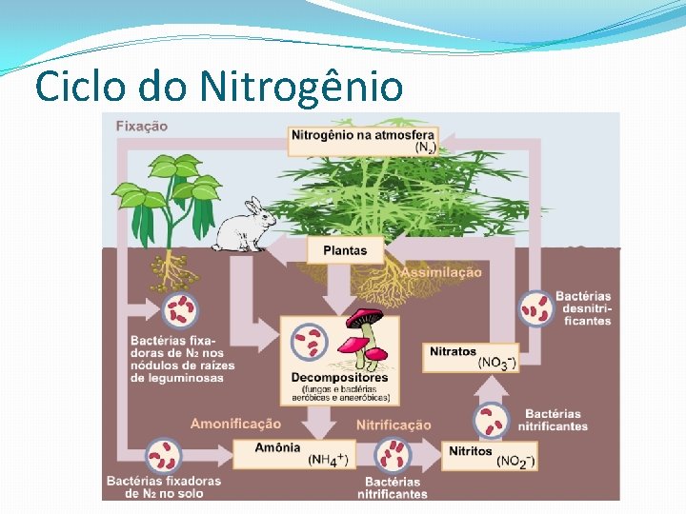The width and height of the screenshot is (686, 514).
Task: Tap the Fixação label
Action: (x=141, y=126)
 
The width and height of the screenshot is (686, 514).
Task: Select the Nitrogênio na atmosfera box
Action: (x=363, y=140)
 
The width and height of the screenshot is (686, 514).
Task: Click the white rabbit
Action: (x=243, y=227)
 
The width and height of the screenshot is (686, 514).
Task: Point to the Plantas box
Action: (x=344, y=250)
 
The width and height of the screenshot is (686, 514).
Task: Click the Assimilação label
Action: (x=440, y=272)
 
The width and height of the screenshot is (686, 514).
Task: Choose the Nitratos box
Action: (x=471, y=357)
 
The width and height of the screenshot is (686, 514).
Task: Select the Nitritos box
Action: (x=490, y=455)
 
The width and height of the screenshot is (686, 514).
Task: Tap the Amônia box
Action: (x=292, y=453)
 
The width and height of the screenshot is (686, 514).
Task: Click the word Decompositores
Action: (x=339, y=377)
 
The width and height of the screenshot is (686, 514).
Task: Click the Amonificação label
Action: (x=235, y=423)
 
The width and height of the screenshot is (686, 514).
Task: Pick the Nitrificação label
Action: (x=393, y=425)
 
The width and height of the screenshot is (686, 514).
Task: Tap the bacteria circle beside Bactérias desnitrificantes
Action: (x=535, y=307)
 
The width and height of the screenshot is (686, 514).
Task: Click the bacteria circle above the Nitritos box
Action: (x=491, y=420)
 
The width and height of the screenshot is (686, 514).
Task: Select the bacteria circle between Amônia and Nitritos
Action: (x=392, y=454)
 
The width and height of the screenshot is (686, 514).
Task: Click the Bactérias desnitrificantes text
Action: (x=583, y=308)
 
